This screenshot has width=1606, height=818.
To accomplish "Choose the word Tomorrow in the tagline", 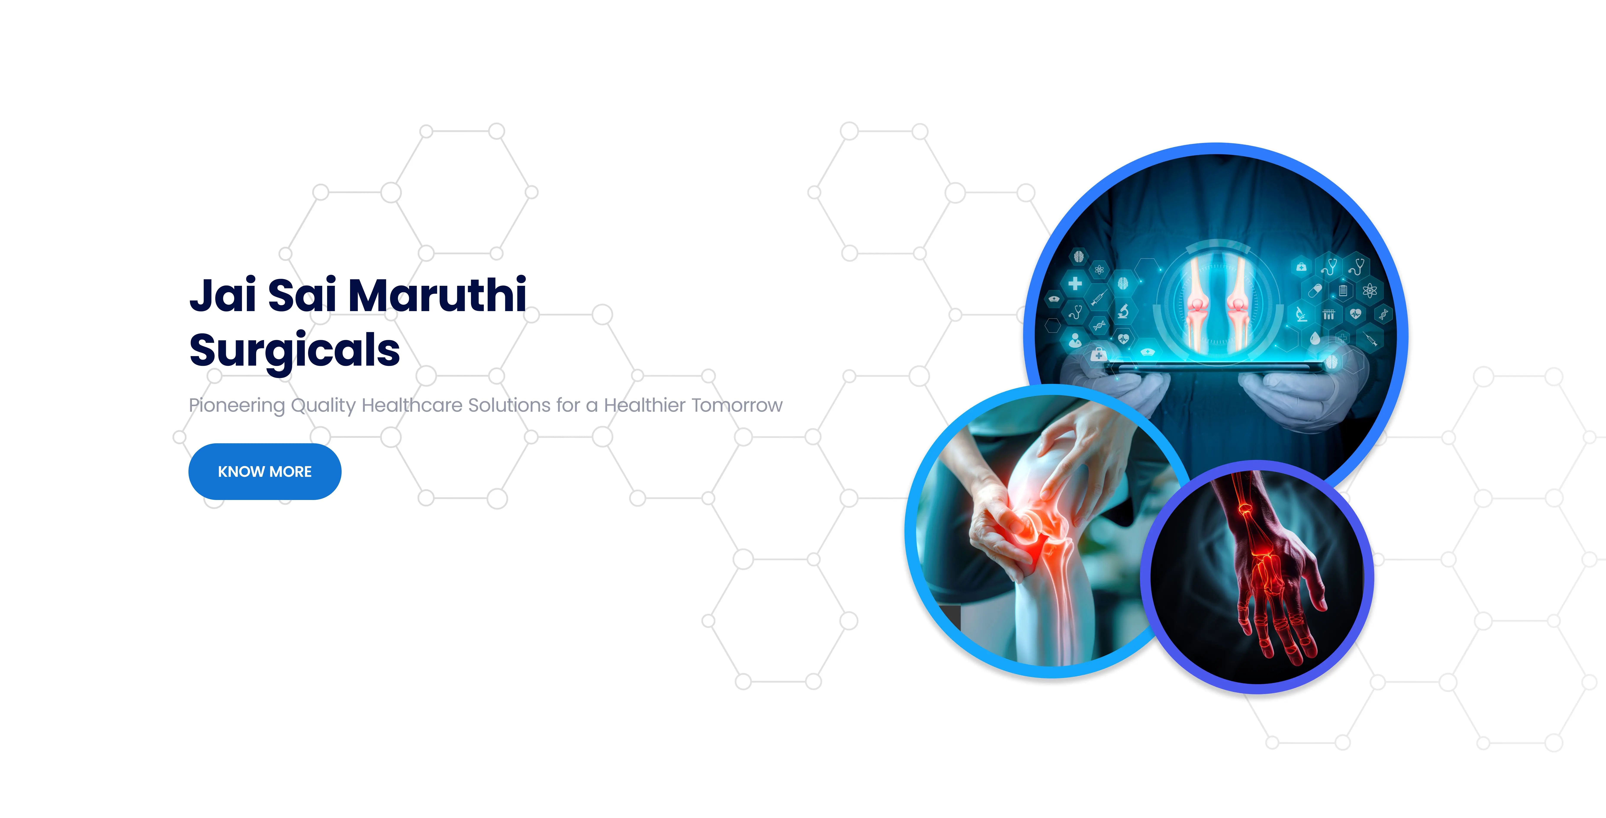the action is click(x=739, y=405).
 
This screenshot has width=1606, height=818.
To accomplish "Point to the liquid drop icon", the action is click(x=1315, y=339).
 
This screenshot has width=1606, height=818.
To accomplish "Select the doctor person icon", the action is click(x=1075, y=340).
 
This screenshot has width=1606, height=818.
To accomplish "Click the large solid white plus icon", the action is click(x=1075, y=284).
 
